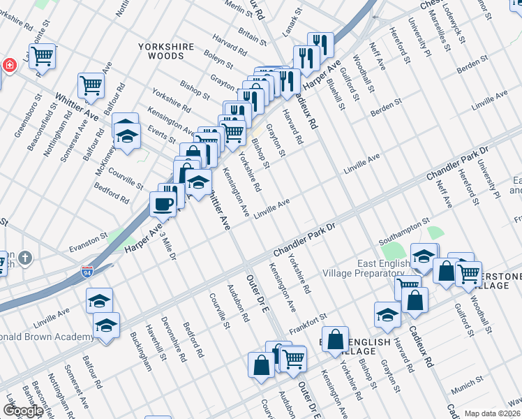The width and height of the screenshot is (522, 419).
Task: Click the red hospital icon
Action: pos(9,66)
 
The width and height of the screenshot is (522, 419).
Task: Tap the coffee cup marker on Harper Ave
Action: pos(163,204)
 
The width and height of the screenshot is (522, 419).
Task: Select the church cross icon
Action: pos(26,259)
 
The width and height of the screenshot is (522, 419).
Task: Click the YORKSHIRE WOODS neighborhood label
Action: pos(165,51)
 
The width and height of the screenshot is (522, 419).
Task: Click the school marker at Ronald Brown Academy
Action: pos(106,326)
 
